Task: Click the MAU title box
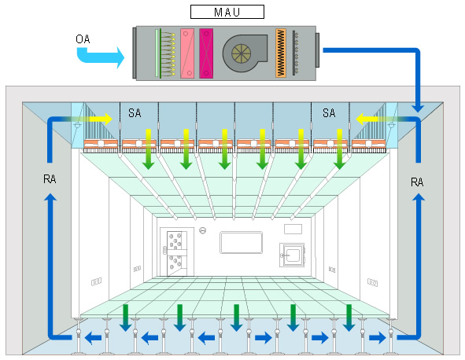tap(227, 12)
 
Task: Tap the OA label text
tap(83, 39)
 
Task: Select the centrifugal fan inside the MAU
tap(245, 53)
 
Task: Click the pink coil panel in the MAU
tap(187, 53)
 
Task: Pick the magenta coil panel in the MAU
tap(206, 53)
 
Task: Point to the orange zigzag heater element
tap(281, 53)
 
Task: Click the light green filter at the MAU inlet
tap(157, 53)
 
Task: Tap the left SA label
tap(135, 113)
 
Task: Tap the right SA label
tap(329, 113)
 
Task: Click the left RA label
tap(50, 179)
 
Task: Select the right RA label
tap(417, 182)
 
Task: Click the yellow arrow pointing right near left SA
tap(100, 119)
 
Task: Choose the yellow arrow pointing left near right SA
tap(367, 119)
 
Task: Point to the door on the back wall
tap(177, 252)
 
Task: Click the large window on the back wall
tap(241, 243)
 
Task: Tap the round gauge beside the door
tap(203, 230)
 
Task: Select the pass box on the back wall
tap(292, 255)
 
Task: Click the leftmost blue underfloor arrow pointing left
tap(93, 337)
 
